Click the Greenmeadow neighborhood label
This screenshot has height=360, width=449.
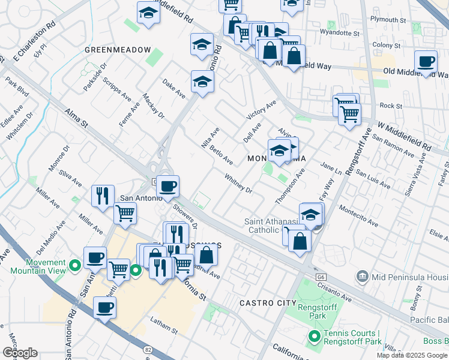tap(117, 49)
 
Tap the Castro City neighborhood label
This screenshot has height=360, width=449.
tap(268, 303)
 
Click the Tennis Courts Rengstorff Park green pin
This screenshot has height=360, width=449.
tap(312, 337)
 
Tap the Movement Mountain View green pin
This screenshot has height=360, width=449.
tap(75, 264)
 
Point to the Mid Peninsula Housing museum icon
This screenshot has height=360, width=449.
tap(363, 277)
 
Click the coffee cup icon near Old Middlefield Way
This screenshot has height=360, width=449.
tap(426, 61)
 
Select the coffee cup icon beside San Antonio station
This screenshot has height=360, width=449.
tap(169, 185)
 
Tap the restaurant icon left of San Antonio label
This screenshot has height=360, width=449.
tap(103, 196)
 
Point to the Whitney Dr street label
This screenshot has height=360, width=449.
tap(238, 184)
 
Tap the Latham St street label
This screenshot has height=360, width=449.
tap(164, 326)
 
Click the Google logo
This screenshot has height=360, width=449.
tap(20, 352)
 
